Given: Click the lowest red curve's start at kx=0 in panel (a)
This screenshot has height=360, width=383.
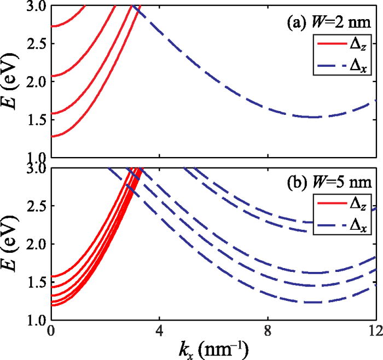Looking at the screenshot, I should (51, 136).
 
